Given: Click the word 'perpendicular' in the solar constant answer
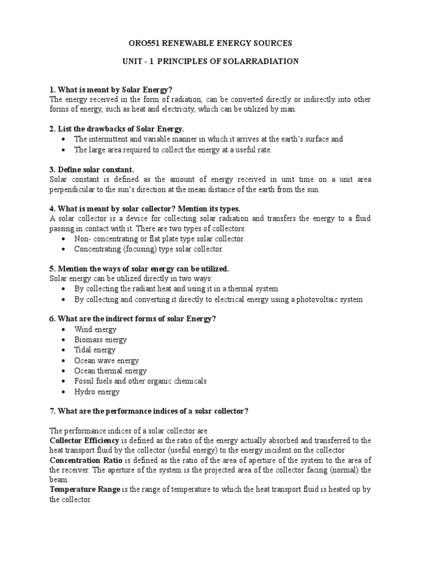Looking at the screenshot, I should click(72, 189).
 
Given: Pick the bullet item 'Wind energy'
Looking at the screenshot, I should click(95, 330).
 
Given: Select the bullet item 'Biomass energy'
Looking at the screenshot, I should click(100, 340).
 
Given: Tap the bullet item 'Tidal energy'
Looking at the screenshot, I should click(95, 350).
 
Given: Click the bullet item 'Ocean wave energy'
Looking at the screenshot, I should click(106, 360).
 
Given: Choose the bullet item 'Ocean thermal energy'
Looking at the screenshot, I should click(110, 371).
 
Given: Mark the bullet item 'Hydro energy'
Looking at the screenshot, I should click(96, 392).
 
